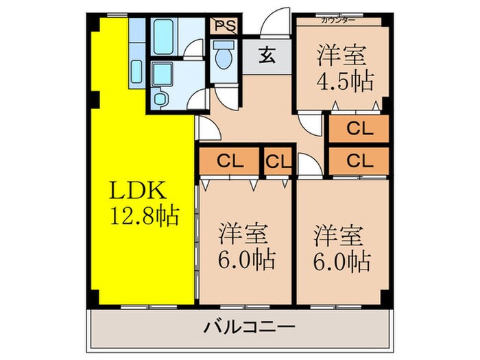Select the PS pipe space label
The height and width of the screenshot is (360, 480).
coord(224,26)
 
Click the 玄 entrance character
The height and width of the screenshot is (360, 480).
coord(267,56)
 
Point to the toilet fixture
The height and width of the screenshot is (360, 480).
coord(223,56)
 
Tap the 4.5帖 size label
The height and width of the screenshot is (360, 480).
coord(344,81)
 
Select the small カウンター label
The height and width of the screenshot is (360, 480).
coord(338,19)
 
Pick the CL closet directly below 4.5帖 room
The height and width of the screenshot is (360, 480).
coord(359,128)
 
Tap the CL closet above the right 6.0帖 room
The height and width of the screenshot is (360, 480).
coord(359,161)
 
